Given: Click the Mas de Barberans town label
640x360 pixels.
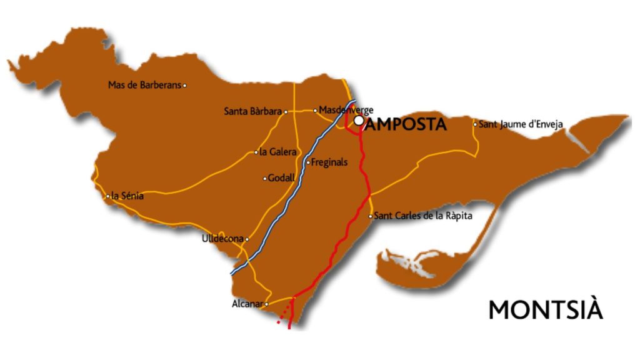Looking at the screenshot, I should point(144,85).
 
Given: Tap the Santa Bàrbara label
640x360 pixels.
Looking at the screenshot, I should point(252,112).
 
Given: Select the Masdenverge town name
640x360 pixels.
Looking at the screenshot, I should point(346,110).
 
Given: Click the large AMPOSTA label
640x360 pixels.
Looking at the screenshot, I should point(406,124).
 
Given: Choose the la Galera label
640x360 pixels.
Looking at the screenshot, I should point(277,152).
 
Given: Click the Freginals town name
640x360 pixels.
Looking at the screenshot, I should point(329,162).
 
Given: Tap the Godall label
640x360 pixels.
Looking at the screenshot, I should point(281,178).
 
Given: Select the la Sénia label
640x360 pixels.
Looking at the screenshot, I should point(127,196).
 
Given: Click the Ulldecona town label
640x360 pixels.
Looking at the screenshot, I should point(222,239).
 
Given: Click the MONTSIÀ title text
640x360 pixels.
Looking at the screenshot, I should point(546,310).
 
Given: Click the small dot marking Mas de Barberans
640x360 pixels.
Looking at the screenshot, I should point(184,86).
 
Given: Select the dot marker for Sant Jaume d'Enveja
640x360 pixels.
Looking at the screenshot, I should point(475,124).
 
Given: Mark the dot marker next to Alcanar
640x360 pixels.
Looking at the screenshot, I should point(267,304).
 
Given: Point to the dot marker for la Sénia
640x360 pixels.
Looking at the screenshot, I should point(108,196).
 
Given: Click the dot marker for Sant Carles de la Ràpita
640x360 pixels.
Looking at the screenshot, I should point(371,216).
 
